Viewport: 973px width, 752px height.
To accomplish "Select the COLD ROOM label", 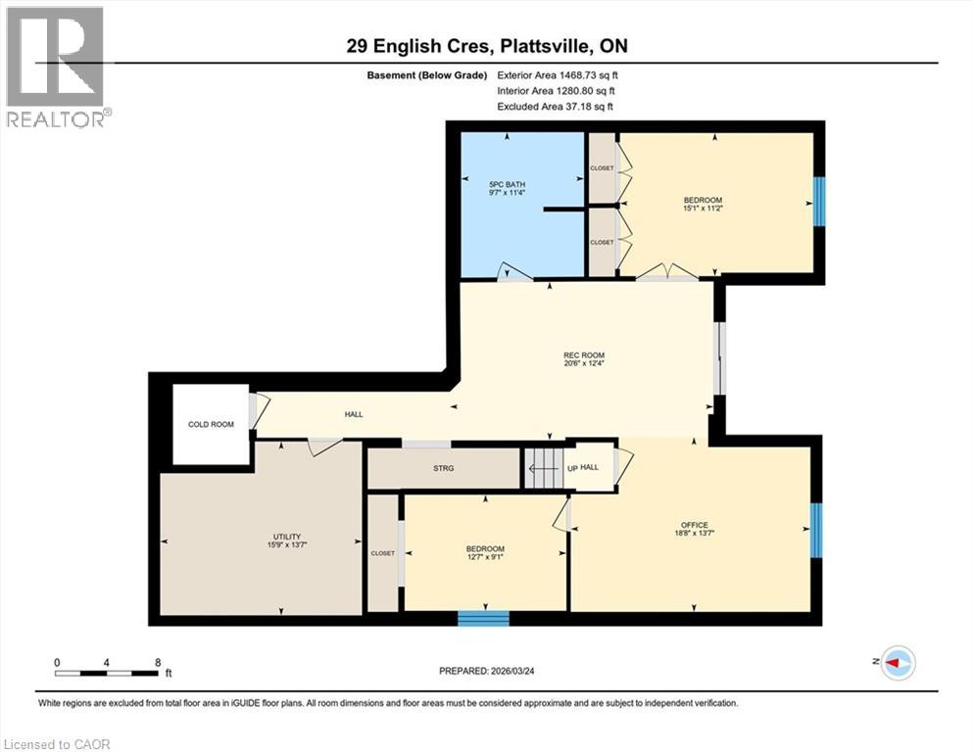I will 211,425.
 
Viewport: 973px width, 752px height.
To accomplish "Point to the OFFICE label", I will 694,525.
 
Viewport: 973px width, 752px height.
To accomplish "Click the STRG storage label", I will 443,469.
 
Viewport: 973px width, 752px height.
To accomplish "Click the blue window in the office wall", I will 816,529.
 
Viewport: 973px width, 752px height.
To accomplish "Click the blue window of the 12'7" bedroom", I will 484,618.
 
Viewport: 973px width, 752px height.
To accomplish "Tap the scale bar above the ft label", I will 107,672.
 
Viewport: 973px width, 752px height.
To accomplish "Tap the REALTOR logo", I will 57,67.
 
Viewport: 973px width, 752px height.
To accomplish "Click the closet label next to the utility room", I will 382,553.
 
